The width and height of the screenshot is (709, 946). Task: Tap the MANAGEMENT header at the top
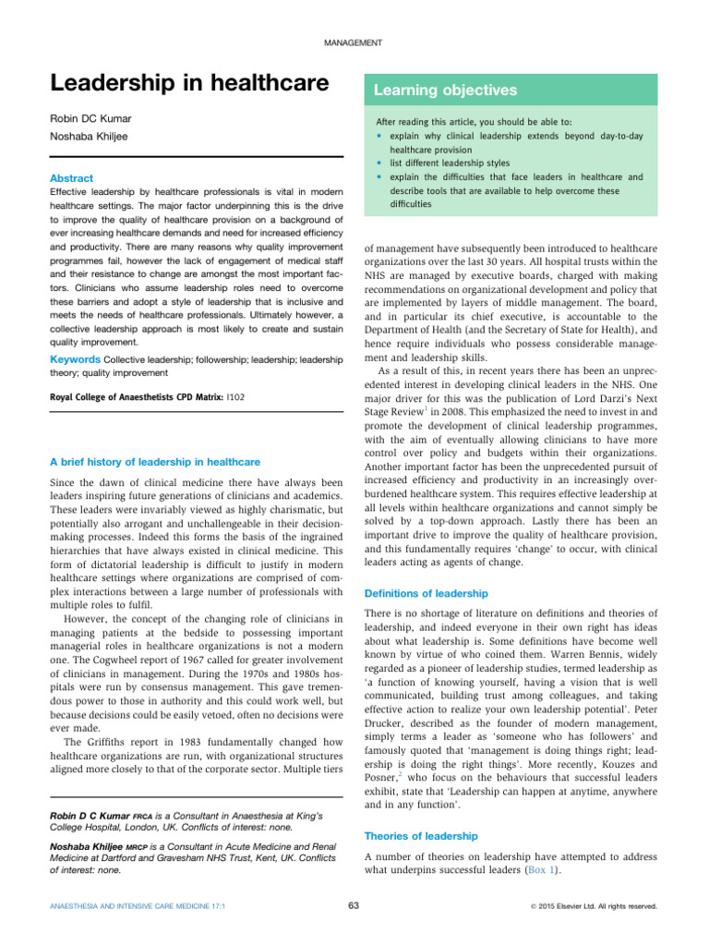(354, 44)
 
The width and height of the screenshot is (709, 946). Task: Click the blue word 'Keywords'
(75, 358)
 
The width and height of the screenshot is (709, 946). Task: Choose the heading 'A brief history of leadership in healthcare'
(154, 462)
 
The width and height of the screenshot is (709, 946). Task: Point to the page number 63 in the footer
(354, 906)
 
